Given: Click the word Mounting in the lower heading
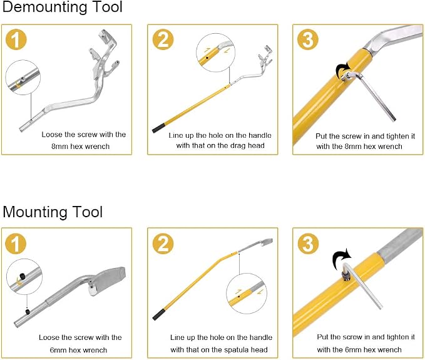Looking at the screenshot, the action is click(33, 212).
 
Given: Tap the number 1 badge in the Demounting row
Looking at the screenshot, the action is click(16, 39).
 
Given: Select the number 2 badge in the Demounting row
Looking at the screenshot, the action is click(163, 39).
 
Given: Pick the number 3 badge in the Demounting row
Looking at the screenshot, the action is click(308, 39).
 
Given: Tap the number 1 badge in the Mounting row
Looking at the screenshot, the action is click(16, 243).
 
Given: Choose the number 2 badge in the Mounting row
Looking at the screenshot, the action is click(163, 243).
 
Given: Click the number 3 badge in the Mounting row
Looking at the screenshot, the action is click(308, 243).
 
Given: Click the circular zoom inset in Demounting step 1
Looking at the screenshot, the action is click(23, 78).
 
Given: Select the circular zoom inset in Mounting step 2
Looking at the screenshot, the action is click(247, 294).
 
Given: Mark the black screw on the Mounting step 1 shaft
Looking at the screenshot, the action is click(28, 311).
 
